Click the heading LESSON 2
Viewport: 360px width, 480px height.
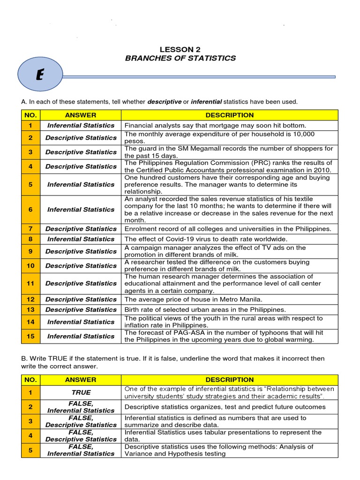coord(180,49)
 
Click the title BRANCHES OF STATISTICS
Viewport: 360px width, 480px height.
coord(180,58)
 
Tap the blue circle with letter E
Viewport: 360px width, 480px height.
coord(39,76)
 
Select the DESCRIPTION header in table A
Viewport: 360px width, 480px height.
coord(229,115)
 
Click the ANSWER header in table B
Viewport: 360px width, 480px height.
coord(81,380)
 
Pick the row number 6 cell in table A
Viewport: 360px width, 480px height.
coord(30,210)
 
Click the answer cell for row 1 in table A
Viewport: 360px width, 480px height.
coord(81,126)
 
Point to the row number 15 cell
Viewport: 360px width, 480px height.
coord(30,336)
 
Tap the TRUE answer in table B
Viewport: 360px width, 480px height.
coord(81,392)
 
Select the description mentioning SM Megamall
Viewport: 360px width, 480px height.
coord(229,152)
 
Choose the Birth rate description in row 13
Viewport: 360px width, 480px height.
coord(205,310)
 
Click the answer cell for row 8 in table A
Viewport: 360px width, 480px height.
coord(81,239)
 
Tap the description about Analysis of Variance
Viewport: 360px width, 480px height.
coord(219,450)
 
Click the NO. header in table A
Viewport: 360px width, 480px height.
coord(30,115)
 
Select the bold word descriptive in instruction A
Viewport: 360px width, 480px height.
coord(165,102)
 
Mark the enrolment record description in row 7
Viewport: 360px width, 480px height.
coord(227,229)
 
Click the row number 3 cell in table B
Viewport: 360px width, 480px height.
coord(30,421)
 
